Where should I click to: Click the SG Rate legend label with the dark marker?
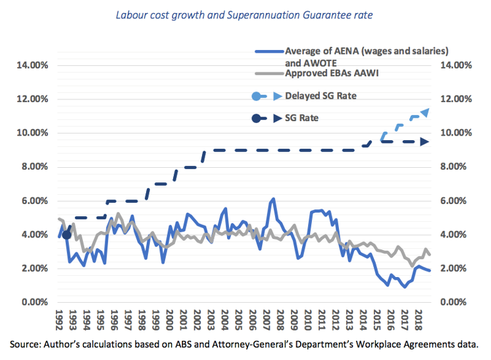tap(307, 118)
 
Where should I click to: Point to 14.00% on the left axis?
tap(28, 65)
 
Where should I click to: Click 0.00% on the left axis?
tap(31, 302)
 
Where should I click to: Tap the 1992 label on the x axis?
tap(60, 321)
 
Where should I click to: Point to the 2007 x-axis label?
tap(267, 321)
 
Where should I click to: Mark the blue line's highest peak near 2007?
tap(272, 198)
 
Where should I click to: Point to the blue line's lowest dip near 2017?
tap(405, 287)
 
